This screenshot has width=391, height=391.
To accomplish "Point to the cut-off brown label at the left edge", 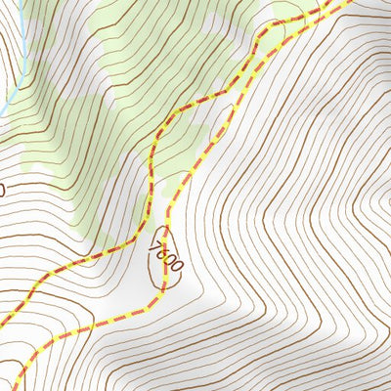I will point(2,187).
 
